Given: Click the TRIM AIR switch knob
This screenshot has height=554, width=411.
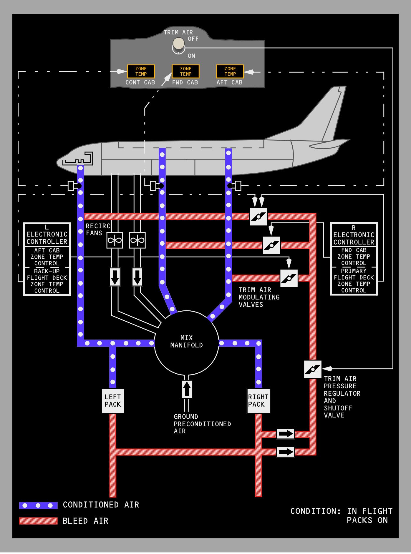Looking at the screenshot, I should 178,44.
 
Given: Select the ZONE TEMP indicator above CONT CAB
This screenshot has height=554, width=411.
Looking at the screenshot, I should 141,71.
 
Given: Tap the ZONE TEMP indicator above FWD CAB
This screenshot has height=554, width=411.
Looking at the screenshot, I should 185,71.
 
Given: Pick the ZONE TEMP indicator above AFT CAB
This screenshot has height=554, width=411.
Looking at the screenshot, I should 230,71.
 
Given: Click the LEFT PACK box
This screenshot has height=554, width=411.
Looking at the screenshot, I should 113,400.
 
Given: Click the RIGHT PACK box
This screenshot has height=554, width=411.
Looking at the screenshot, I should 258,400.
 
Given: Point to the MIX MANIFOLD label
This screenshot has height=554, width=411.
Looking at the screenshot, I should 186,342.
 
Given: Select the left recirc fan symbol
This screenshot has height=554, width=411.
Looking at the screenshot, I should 115,240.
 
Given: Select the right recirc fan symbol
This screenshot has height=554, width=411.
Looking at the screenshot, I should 137,240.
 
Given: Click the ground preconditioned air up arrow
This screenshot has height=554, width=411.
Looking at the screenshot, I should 186,389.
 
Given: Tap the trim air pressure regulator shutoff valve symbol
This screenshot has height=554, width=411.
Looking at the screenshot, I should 313,369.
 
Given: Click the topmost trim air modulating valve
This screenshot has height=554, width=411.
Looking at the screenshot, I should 258,217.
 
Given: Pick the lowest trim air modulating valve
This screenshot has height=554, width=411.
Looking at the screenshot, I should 289,278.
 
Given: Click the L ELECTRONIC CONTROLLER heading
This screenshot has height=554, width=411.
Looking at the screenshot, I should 47,235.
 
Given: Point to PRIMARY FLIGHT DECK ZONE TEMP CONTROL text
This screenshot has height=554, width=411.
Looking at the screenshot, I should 354,281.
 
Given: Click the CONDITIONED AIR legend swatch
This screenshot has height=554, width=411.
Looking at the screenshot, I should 38,505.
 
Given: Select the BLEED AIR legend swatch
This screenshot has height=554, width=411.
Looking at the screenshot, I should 38,521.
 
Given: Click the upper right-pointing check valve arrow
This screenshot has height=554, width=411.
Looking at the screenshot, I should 285,434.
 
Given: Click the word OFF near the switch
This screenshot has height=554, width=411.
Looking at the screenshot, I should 193,39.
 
